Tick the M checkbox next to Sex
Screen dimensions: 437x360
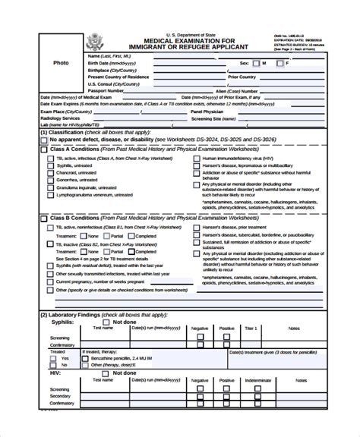(x=257, y=63)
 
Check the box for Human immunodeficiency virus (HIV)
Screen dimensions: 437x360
(x=197, y=157)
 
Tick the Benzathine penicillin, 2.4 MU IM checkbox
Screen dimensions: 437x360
(x=106, y=357)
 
